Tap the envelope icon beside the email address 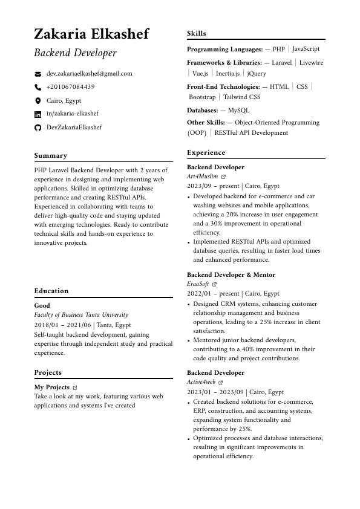tap(38, 74)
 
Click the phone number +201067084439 tap(71, 87)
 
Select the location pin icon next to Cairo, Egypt tap(38, 101)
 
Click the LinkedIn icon tap(38, 114)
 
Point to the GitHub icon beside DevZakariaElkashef tap(38, 128)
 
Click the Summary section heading tap(51, 155)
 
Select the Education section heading tap(51, 291)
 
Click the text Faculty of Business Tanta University tap(81, 315)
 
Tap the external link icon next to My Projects tap(75, 387)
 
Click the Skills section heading tap(197, 34)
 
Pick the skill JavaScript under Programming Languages tap(306, 49)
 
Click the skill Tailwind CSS tap(241, 97)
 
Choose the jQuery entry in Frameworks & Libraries tap(257, 74)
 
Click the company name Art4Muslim tap(202, 177)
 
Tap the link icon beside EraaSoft tap(215, 284)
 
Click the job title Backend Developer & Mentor tap(231, 275)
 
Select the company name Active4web tap(201, 382)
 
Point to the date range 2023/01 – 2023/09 tap(216, 392)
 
